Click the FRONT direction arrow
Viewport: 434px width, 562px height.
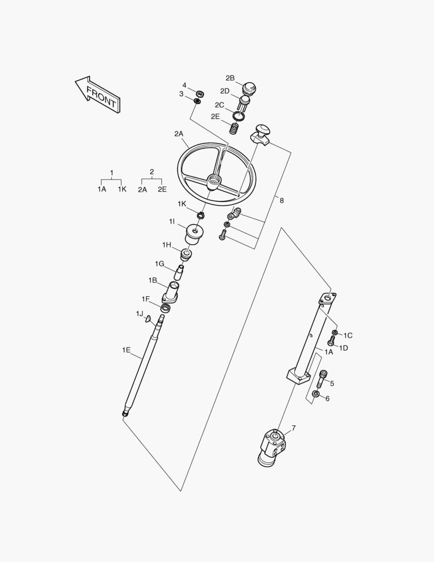pos(99,95)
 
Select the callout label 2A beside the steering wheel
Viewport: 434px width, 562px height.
pos(179,134)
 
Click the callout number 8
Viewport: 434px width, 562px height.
pos(281,200)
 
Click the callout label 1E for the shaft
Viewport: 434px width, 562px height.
pos(126,350)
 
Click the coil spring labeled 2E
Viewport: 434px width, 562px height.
pos(235,126)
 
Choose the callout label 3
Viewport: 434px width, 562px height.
pos(181,94)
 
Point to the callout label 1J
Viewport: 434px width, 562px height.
pos(139,313)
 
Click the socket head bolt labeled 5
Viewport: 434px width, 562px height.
pos(322,378)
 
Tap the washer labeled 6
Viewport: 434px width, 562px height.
pos(315,394)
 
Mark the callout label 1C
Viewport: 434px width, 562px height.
pos(348,336)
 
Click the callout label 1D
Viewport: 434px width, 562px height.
pos(344,348)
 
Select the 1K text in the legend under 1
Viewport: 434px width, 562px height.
pos(122,189)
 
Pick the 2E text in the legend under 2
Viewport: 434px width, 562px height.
pos(162,190)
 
